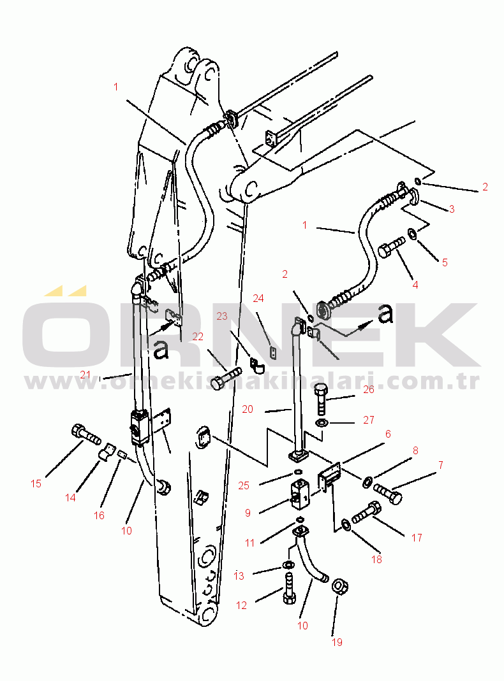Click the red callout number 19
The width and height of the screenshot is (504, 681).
point(337,642)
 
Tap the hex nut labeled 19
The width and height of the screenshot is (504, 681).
point(339,587)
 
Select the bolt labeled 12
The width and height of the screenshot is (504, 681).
point(289,589)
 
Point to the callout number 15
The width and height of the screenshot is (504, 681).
point(36,484)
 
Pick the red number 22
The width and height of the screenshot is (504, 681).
point(198,336)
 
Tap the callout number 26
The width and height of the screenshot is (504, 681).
point(368,389)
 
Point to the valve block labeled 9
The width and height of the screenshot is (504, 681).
point(301,495)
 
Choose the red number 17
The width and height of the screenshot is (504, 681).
point(417,538)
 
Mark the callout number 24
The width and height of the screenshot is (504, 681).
point(258,298)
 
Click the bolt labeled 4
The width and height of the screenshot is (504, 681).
point(391,248)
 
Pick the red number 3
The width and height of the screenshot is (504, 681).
point(452,209)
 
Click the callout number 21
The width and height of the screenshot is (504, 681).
point(85,375)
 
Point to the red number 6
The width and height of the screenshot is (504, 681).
point(388,434)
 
